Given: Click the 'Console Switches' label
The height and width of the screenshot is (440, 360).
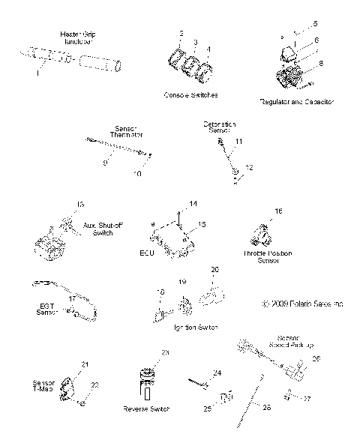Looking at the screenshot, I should click(190, 96).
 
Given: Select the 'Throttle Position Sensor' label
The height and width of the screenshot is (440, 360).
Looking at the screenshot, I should click(268, 258).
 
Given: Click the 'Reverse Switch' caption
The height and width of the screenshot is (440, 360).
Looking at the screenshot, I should click(147, 409).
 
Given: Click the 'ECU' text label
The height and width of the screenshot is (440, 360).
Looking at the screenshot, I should click(147, 253).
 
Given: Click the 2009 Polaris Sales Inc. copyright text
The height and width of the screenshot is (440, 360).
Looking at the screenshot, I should click(303, 304).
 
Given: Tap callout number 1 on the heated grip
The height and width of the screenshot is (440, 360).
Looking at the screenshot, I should click(37, 73).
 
